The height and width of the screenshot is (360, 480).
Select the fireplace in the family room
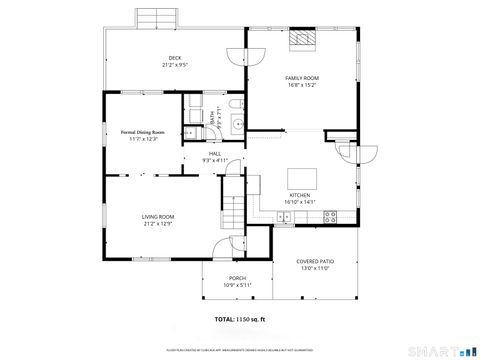(x=302, y=39)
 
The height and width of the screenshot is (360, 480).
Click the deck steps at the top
(x=157, y=17)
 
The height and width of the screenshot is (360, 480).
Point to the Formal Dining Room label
(x=143, y=134)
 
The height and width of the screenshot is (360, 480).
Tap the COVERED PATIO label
(x=315, y=264)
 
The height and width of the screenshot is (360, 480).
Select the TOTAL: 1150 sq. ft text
(x=241, y=319)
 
